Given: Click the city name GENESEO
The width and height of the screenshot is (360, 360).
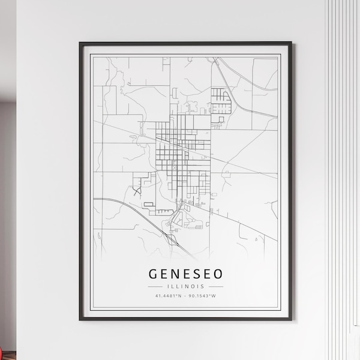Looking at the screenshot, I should pyautogui.click(x=185, y=274).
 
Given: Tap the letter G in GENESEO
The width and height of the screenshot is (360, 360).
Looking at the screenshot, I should pyautogui.click(x=153, y=274).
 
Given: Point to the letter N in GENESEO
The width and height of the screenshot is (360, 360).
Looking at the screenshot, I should pyautogui.click(x=176, y=274).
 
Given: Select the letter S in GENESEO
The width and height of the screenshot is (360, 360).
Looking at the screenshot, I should pyautogui.click(x=196, y=274).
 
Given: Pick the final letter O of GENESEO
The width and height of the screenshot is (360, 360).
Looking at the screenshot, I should pyautogui.click(x=217, y=274).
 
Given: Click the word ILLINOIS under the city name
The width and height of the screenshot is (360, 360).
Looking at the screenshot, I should pyautogui.click(x=185, y=286).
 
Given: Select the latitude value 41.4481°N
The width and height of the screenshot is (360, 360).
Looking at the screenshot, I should pyautogui.click(x=166, y=295).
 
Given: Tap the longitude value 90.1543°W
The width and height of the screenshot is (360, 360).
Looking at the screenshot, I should pyautogui.click(x=205, y=295).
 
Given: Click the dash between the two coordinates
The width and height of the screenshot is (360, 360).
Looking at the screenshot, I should pyautogui.click(x=186, y=295).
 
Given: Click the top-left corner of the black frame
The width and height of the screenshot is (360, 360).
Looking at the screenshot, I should pyautogui.click(x=80, y=43).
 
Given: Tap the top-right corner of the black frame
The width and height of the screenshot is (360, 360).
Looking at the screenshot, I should pyautogui.click(x=291, y=43).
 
